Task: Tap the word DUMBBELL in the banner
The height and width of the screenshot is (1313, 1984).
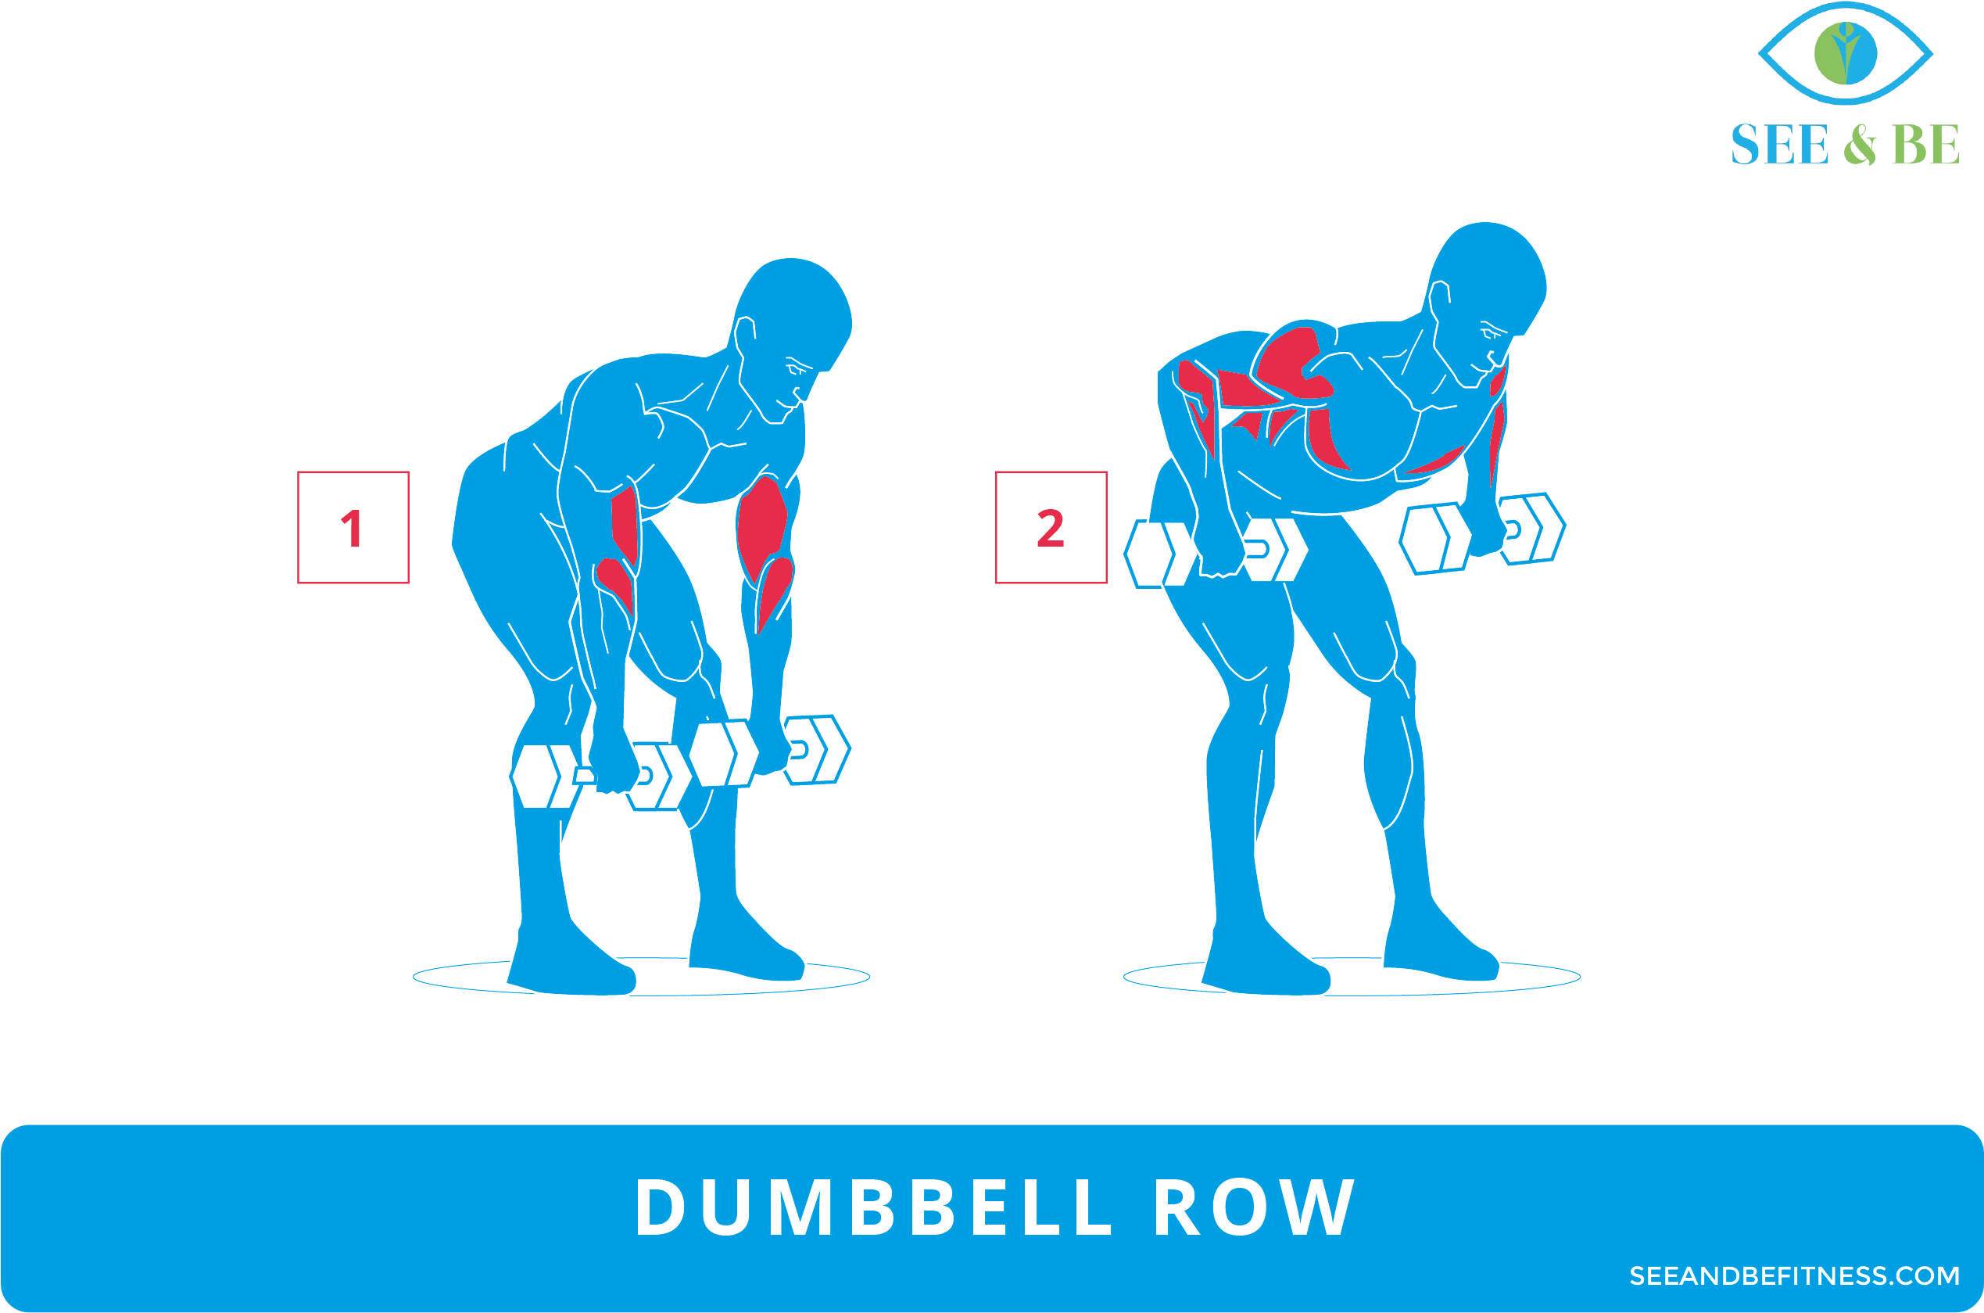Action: pyautogui.click(x=874, y=1207)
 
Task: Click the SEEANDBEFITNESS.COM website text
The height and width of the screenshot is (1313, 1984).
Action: pyautogui.click(x=1794, y=1275)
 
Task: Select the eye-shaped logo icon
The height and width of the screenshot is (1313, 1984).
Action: pyautogui.click(x=1845, y=52)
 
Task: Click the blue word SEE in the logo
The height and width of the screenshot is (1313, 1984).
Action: pyautogui.click(x=1779, y=144)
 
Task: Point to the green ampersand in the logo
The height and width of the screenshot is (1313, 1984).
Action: pyautogui.click(x=1860, y=144)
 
